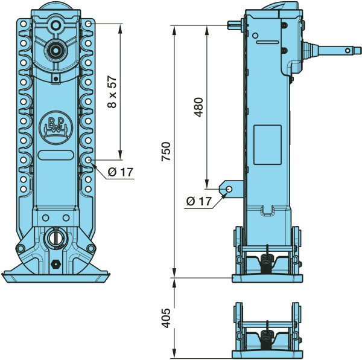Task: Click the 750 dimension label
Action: [x=166, y=152]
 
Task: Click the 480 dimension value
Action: [x=198, y=107]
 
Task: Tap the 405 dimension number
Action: [x=166, y=318]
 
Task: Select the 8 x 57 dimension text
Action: [x=112, y=92]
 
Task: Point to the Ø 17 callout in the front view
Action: [x=121, y=172]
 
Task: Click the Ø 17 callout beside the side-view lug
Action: [x=199, y=201]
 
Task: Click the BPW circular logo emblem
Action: [x=56, y=127]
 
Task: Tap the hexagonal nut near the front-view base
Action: [x=56, y=263]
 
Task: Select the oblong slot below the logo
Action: [x=56, y=155]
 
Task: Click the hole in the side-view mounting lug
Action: [x=229, y=189]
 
